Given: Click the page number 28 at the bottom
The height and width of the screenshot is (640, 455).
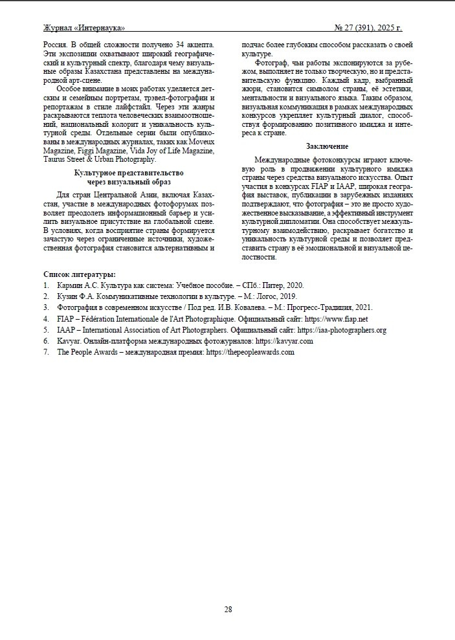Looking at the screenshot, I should point(228,609).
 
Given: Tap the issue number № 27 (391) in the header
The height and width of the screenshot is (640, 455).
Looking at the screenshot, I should point(357,28).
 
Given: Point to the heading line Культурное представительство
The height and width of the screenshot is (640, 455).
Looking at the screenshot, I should point(129,173).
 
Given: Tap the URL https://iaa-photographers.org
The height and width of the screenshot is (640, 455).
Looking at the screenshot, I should point(342,330).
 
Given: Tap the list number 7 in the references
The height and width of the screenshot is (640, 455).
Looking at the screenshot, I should point(45,352).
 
